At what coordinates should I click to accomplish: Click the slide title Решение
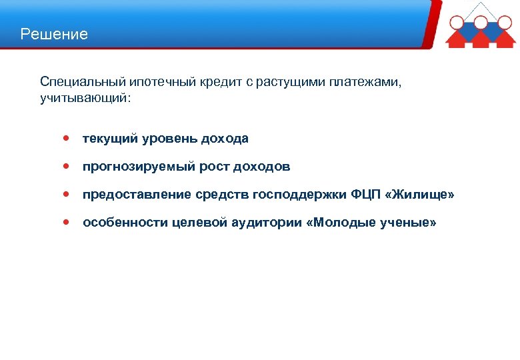(54, 34)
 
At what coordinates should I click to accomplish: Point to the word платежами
(371, 81)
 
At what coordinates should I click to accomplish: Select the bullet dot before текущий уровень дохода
(65, 138)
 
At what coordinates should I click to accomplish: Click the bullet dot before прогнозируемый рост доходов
(65, 166)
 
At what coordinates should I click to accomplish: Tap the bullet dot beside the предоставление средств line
(65, 194)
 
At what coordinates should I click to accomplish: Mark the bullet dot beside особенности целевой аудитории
(65, 222)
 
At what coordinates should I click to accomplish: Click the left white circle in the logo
(457, 21)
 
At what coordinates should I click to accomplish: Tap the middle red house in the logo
(481, 37)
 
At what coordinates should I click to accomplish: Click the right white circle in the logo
(505, 21)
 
